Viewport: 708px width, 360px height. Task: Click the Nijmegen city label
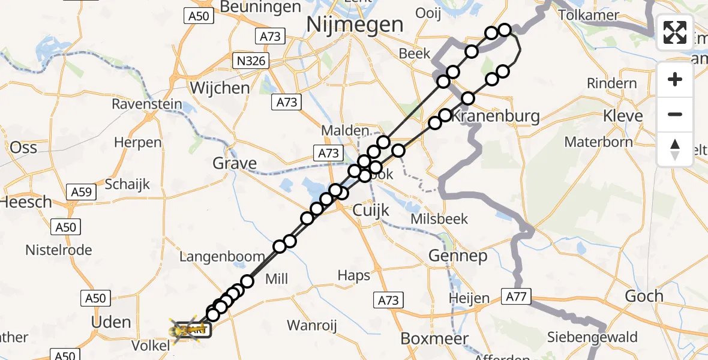355,25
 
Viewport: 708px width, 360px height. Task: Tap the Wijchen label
220,88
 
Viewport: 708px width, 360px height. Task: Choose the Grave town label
235,163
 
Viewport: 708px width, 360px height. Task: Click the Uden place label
110,322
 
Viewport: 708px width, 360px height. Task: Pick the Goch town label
644,296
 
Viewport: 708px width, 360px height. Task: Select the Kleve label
623,116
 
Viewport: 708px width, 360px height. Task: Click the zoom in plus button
675,80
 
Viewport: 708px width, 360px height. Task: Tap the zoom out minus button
675,115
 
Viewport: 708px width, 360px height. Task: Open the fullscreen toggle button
675,32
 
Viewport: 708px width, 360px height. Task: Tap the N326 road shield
251,61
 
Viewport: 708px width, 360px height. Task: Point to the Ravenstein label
146,104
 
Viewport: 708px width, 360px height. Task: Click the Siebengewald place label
592,337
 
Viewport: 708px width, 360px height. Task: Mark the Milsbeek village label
439,219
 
